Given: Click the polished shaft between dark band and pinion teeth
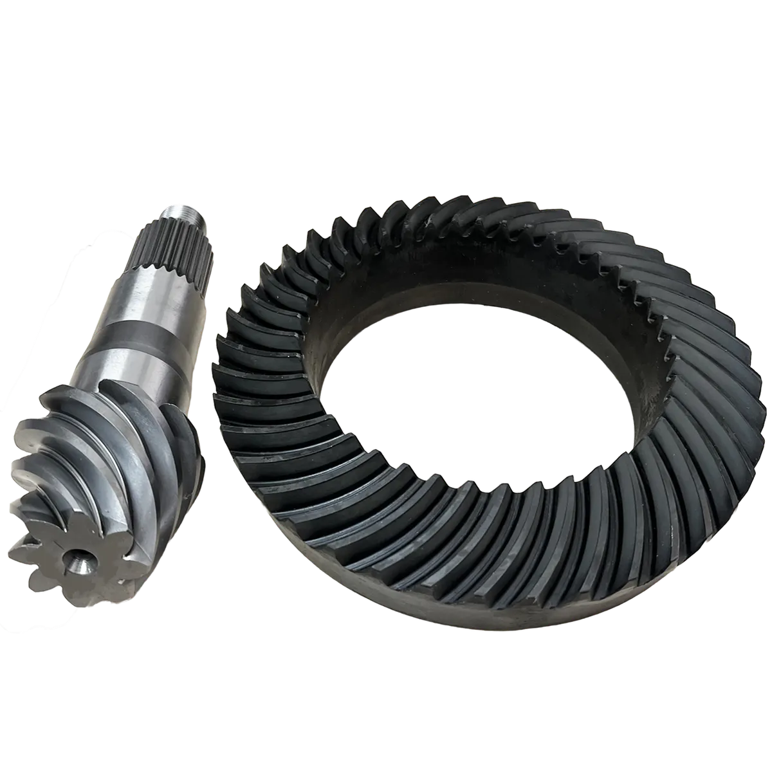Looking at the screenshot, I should pos(135,367).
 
